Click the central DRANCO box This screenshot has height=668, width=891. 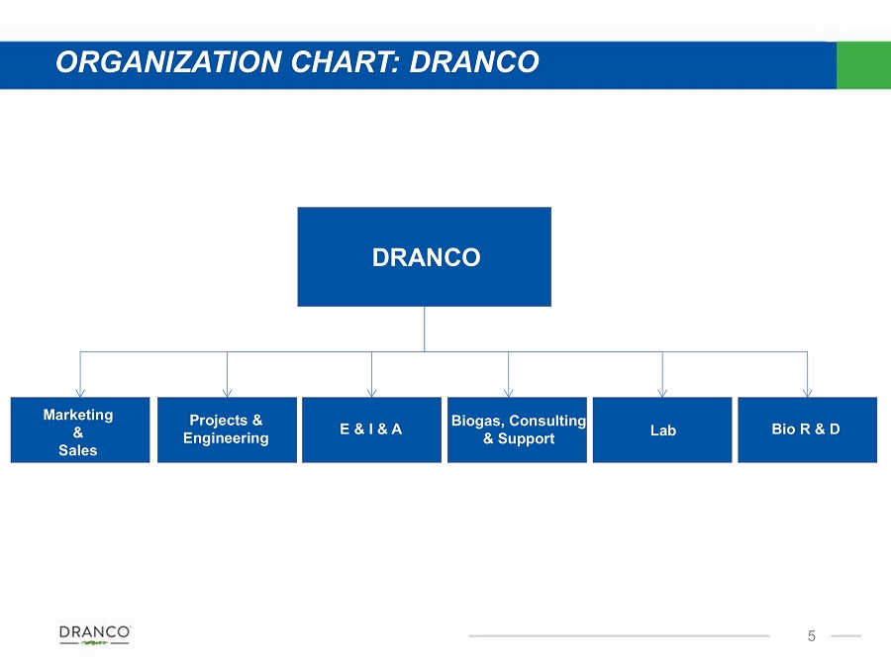click(424, 256)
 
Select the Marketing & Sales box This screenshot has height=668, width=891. click(80, 430)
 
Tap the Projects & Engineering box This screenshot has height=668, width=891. click(227, 430)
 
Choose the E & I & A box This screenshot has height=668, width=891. click(371, 430)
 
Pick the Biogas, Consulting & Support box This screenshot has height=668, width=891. click(517, 430)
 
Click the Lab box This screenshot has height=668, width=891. click(662, 430)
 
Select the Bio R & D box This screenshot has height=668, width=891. click(807, 430)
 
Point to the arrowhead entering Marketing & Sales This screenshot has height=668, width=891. click(80, 394)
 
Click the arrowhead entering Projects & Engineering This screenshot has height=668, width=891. click(228, 394)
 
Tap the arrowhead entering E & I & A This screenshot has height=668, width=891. click(371, 394)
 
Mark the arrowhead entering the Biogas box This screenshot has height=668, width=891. click(509, 394)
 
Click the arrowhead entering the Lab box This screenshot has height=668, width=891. click(662, 394)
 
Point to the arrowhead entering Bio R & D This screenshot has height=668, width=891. click(808, 394)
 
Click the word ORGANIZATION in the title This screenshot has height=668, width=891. click(168, 62)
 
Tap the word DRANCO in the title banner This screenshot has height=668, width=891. click(474, 62)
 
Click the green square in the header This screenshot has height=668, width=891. click(863, 64)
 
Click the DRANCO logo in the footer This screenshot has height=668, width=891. click(95, 635)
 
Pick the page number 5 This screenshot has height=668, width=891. click(812, 636)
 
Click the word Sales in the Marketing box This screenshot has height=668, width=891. click(78, 450)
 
